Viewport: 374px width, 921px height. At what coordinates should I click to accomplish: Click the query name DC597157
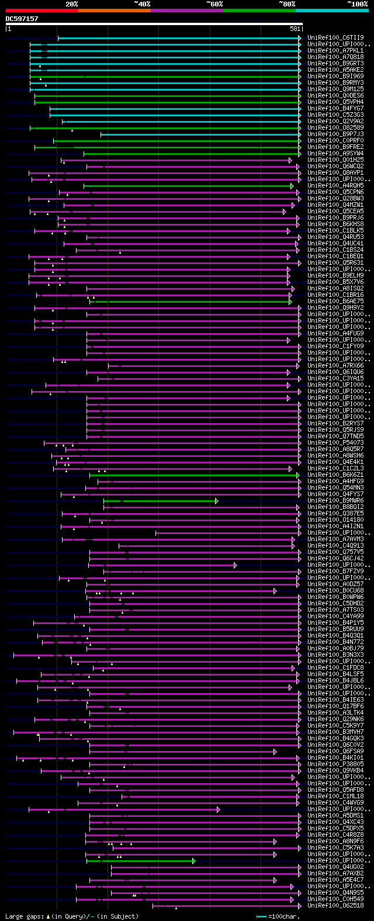pyautogui.click(x=22, y=19)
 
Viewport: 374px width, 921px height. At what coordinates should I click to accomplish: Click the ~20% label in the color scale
pyautogui.click(x=72, y=4)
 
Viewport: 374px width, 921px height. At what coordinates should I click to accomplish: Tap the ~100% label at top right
pyautogui.click(x=357, y=4)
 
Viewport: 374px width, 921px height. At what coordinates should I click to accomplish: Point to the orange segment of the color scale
pyautogui.click(x=114, y=10)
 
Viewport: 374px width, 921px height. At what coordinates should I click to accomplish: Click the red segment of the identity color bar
pyautogui.click(x=41, y=10)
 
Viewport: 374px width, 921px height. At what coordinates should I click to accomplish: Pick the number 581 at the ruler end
pyautogui.click(x=295, y=29)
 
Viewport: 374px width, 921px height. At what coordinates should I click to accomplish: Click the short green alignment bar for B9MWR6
pyautogui.click(x=161, y=501)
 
